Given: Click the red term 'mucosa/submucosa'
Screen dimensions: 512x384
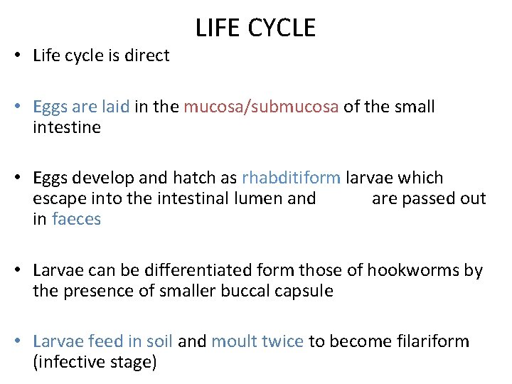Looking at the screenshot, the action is tap(261, 107).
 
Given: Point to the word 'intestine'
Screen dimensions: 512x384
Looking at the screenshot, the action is tap(67, 128).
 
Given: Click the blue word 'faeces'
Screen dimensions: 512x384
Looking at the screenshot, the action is tap(76, 219).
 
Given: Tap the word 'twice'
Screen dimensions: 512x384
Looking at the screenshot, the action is tap(282, 341).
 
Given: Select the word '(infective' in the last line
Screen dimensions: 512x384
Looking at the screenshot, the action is tap(67, 362).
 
